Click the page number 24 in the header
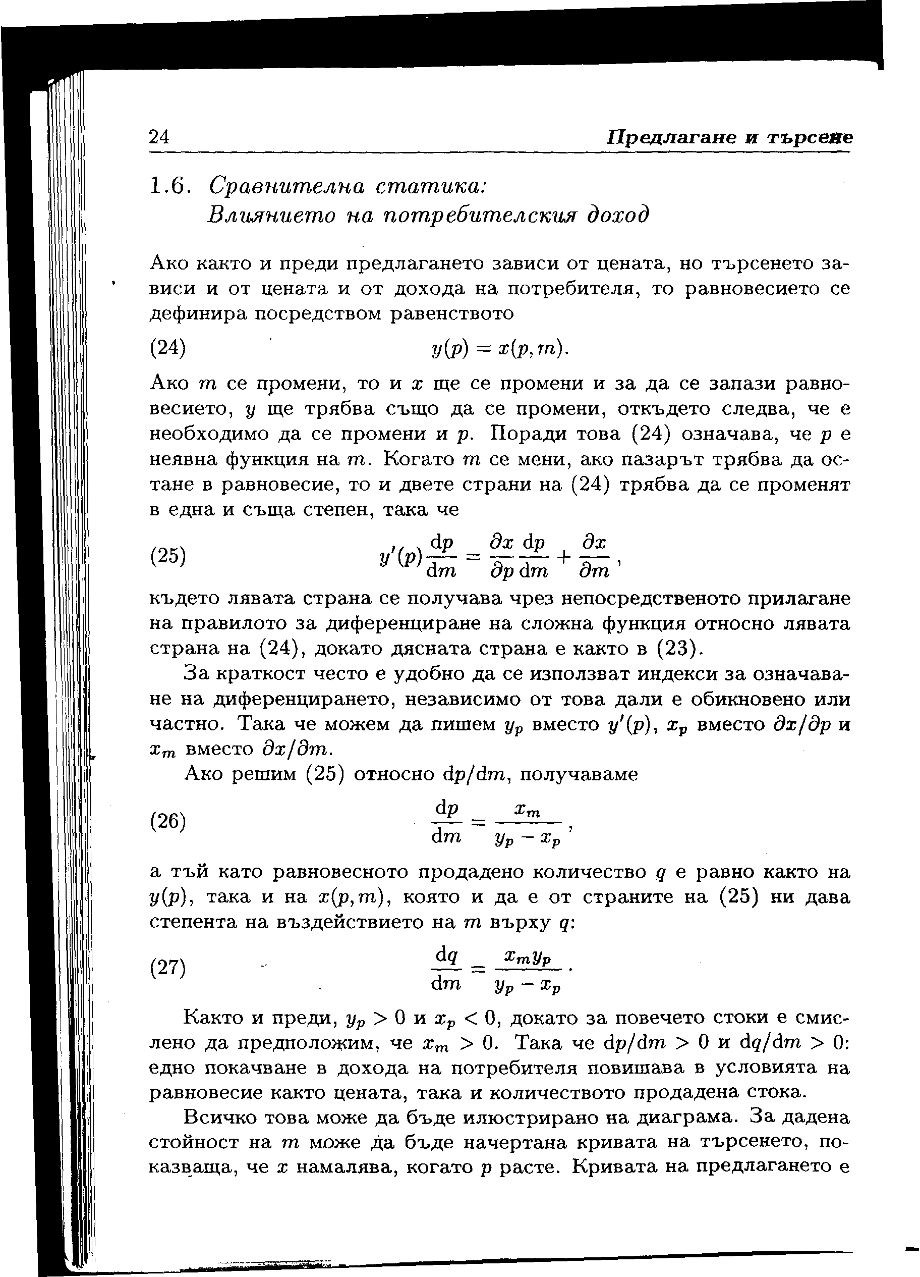(x=159, y=137)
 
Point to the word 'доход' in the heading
(x=617, y=215)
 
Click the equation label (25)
(x=167, y=556)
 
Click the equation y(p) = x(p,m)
(x=498, y=349)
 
